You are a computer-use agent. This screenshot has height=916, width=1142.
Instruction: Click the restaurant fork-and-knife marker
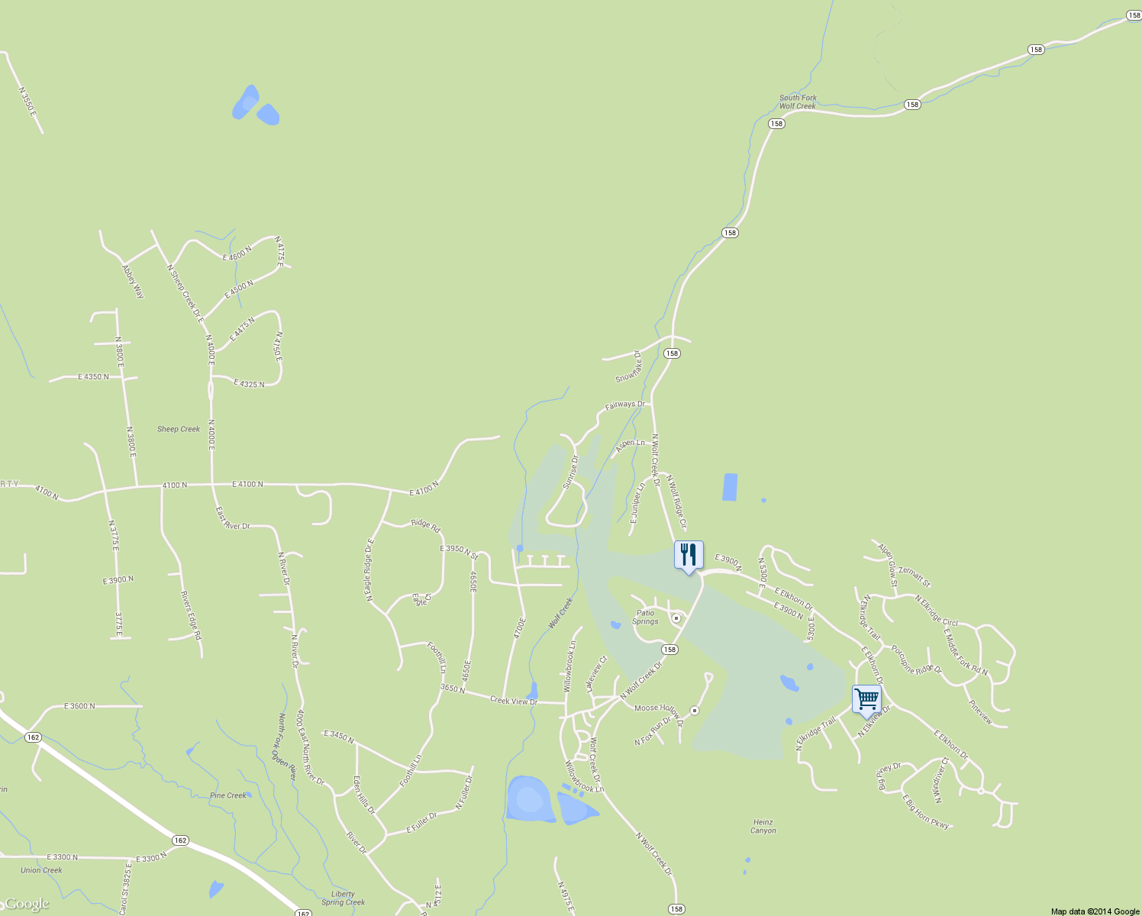(x=689, y=555)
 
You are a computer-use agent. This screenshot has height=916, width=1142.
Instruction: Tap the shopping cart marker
(x=866, y=698)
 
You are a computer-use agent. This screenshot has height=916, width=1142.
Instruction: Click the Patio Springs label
(x=645, y=617)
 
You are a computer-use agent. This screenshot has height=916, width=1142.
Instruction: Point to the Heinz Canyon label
(x=763, y=827)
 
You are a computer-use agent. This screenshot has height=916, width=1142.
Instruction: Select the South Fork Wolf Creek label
(x=798, y=102)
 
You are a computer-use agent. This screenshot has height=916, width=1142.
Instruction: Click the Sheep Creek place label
(x=179, y=429)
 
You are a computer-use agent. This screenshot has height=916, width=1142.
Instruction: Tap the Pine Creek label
(x=228, y=795)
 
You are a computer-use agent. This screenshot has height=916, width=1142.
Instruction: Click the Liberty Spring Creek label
(x=343, y=898)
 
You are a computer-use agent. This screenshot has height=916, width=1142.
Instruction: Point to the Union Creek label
(x=41, y=870)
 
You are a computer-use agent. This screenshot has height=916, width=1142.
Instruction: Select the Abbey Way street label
(x=133, y=281)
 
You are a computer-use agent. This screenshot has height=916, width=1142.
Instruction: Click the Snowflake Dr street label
(x=628, y=368)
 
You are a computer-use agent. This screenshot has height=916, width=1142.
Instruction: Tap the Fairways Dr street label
(x=624, y=405)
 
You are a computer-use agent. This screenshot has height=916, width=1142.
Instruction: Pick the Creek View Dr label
(x=514, y=701)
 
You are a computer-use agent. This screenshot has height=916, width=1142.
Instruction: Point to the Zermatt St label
(x=915, y=576)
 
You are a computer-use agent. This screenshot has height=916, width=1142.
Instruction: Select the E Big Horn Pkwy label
(x=927, y=812)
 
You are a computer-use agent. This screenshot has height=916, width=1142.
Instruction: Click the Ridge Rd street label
(x=425, y=525)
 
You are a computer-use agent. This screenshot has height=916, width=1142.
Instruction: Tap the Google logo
(x=26, y=905)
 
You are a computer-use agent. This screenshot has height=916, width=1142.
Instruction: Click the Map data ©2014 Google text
(x=1095, y=911)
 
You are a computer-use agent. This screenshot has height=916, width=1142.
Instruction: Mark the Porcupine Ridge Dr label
(x=917, y=660)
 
